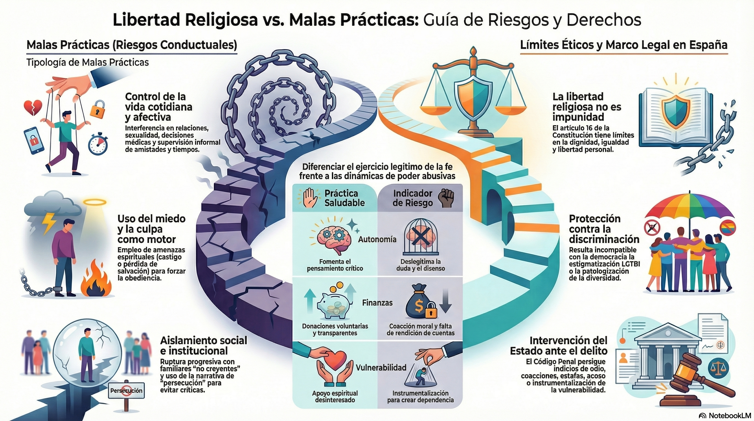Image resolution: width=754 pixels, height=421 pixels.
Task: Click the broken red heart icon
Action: (33, 108)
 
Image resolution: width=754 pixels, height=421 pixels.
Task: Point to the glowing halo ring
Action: (91, 202)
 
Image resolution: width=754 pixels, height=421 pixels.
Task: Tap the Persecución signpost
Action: (127, 391)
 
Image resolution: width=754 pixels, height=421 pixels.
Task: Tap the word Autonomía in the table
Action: (377, 239)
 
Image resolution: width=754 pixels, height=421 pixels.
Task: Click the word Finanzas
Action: (377, 303)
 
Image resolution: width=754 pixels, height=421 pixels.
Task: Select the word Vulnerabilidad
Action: (381, 368)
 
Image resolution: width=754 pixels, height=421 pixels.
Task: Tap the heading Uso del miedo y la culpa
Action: (151, 229)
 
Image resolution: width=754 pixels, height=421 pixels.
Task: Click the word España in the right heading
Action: (712, 45)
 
